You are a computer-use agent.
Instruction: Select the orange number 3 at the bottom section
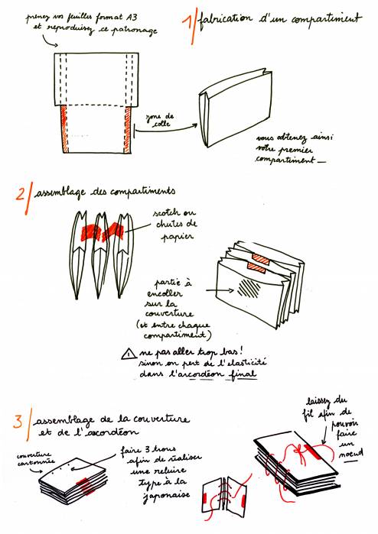[18, 422]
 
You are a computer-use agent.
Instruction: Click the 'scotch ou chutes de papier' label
[177, 222]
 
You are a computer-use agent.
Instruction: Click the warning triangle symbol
[127, 354]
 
